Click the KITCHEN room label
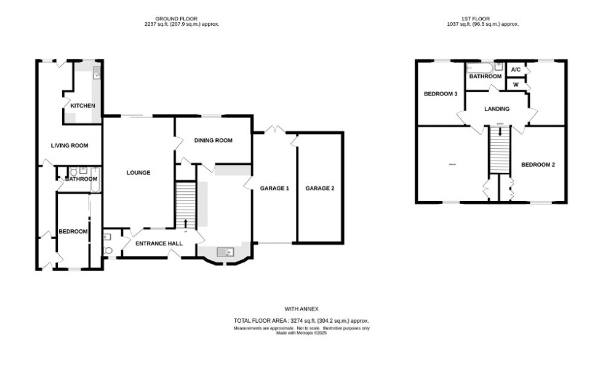[82, 106]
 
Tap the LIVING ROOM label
[69, 146]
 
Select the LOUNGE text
[138, 173]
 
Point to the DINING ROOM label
[213, 140]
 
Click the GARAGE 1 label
[274, 188]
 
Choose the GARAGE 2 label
[320, 188]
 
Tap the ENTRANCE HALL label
[159, 243]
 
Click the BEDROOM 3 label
[440, 94]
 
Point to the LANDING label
[497, 109]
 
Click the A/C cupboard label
[516, 69]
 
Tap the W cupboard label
[516, 84]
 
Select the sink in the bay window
[226, 251]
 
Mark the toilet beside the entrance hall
[108, 250]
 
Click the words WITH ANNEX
[301, 308]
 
